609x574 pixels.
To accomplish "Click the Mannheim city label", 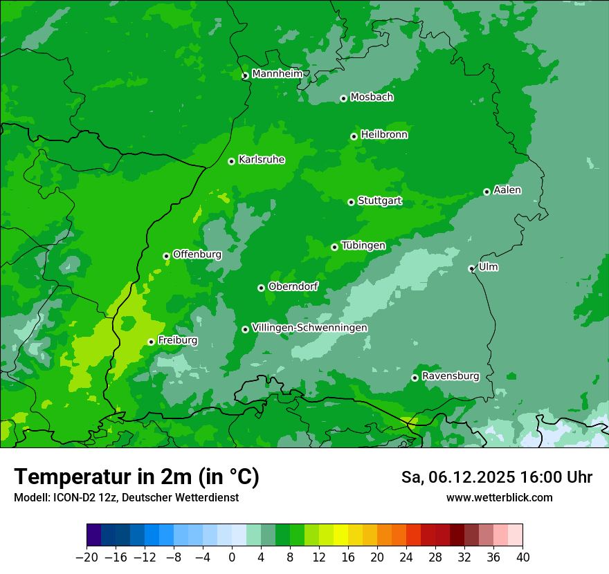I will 278,74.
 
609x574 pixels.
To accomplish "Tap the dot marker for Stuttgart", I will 351,202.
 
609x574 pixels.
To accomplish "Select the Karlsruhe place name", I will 262,160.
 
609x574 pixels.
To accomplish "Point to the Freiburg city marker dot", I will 151,342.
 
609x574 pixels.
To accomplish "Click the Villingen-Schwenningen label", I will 309,328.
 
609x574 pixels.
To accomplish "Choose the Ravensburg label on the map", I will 451,376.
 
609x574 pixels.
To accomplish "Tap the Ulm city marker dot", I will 471,268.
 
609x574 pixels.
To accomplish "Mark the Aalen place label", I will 507,190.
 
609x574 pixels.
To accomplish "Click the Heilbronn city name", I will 384,135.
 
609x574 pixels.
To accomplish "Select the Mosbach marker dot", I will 343,98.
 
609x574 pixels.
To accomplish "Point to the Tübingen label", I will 363,246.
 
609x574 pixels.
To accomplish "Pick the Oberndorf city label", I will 293,286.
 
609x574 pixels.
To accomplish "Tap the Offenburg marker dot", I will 166,256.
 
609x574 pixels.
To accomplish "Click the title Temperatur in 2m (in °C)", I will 137,477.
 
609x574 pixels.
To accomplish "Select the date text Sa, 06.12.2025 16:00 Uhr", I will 497,477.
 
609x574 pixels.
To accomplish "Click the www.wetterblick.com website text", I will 500,497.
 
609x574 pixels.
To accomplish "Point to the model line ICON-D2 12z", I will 126,497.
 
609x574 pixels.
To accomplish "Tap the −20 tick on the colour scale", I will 87,557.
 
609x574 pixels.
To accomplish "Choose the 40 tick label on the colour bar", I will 522,557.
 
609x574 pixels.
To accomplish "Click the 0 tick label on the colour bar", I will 232,557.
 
